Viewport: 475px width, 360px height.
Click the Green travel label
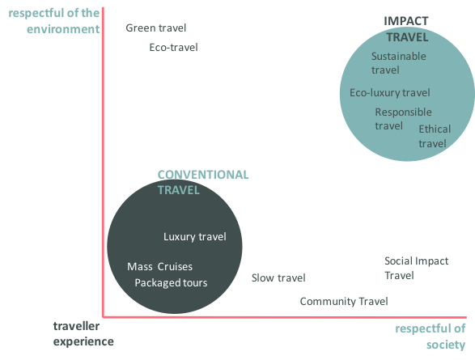point(155,28)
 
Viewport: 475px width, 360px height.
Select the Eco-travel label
point(173,47)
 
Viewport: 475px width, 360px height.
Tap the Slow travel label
point(278,277)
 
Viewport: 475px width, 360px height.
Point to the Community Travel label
point(344,301)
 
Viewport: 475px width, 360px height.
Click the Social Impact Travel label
point(416,268)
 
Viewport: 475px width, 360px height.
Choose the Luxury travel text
point(195,236)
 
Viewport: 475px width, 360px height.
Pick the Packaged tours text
point(171,282)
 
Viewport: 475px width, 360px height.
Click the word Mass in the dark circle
point(140,266)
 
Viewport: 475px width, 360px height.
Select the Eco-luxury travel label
point(389,92)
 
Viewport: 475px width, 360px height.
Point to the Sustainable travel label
point(399,63)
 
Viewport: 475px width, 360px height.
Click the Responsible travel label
point(403,119)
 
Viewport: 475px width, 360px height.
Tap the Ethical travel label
point(435,136)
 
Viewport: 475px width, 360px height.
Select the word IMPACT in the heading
point(406,21)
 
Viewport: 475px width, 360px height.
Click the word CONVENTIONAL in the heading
point(203,175)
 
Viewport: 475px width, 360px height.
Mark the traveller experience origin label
point(83,333)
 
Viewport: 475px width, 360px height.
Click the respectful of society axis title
point(430,337)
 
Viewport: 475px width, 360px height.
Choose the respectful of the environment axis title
point(54,21)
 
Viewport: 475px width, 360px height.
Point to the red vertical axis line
point(103,163)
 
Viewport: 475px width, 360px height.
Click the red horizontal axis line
point(285,317)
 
